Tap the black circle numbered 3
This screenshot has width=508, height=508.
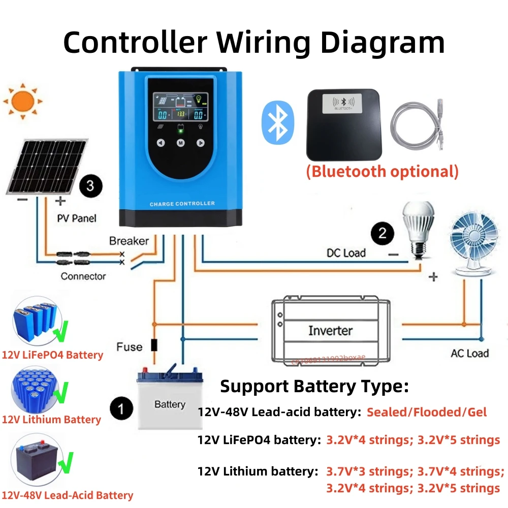pyautogui.click(x=90, y=186)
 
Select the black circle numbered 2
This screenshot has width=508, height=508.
pyautogui.click(x=383, y=233)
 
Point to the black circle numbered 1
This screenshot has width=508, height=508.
pyautogui.click(x=121, y=408)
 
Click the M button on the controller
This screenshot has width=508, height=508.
pyautogui.click(x=180, y=143)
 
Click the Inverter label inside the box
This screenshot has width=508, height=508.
pyautogui.click(x=330, y=331)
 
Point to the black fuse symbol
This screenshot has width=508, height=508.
pyautogui.click(x=154, y=345)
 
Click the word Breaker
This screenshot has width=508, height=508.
pyautogui.click(x=129, y=241)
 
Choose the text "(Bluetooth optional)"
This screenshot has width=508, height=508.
pyautogui.click(x=382, y=171)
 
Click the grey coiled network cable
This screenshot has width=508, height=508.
pyautogui.click(x=418, y=126)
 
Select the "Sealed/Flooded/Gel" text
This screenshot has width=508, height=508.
pyautogui.click(x=426, y=412)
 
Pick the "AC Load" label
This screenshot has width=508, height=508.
pyautogui.click(x=469, y=353)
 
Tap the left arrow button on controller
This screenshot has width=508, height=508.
pyautogui.click(x=161, y=143)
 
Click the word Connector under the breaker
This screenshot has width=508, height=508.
pyautogui.click(x=83, y=276)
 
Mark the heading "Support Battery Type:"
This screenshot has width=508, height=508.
pyautogui.click(x=314, y=387)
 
